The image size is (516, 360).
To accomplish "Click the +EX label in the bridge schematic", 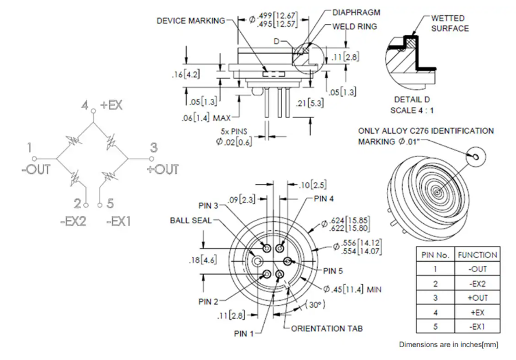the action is (111, 105).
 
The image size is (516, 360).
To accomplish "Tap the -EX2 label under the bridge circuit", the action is (73, 221).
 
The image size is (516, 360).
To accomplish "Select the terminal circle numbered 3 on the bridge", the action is (151, 159).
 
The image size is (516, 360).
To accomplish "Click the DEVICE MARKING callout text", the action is (191, 21).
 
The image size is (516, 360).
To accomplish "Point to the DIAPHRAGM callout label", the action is (356, 13).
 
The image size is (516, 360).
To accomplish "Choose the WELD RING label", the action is (354, 27).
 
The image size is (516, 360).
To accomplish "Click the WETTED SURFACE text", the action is (450, 23).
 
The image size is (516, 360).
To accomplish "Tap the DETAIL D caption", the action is (412, 99).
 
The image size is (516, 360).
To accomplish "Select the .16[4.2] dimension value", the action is (186, 74).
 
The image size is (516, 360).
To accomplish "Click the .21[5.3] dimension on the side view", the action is (309, 104).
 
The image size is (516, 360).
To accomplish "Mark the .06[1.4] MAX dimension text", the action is (206, 117).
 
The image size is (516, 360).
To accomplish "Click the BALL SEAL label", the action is (191, 220).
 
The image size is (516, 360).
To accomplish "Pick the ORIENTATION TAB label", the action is (327, 329).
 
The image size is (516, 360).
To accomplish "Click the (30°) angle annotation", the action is (315, 304).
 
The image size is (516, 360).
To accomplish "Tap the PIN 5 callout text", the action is (333, 271).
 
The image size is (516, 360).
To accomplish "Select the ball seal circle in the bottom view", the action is (257, 261).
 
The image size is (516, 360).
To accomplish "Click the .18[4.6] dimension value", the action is (202, 260).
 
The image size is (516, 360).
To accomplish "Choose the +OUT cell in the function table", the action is (478, 298).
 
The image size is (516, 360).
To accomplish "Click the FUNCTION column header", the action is (477, 255).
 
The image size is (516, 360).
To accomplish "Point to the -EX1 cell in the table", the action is (478, 327).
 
